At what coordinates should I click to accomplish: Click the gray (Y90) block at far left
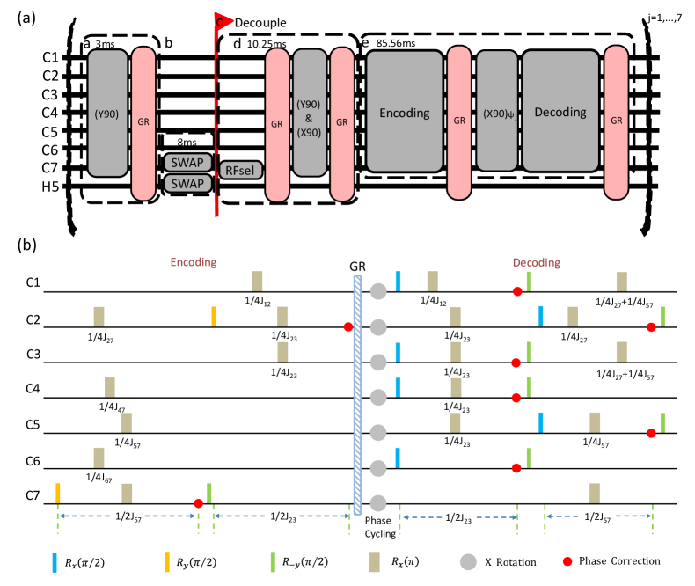[107, 113]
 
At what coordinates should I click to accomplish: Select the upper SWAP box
[187, 163]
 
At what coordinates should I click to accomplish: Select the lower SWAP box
[187, 183]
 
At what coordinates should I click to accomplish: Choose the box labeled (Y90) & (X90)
[310, 113]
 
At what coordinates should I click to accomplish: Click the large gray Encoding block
[404, 112]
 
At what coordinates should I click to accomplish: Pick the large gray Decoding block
[560, 111]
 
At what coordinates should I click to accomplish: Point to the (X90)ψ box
[497, 111]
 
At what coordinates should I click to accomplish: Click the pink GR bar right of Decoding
[616, 122]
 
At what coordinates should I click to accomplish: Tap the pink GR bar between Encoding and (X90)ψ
[459, 122]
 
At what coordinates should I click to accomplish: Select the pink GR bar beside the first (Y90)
[143, 123]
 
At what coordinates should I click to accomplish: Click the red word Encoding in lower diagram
[194, 262]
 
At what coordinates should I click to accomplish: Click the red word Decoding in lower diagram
[537, 262]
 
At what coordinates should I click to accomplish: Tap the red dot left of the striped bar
[347, 327]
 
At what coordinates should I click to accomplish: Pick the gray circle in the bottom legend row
[468, 561]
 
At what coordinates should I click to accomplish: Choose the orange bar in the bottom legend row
[167, 561]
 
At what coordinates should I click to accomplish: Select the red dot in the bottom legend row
[567, 561]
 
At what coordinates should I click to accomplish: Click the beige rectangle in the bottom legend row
[374, 561]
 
